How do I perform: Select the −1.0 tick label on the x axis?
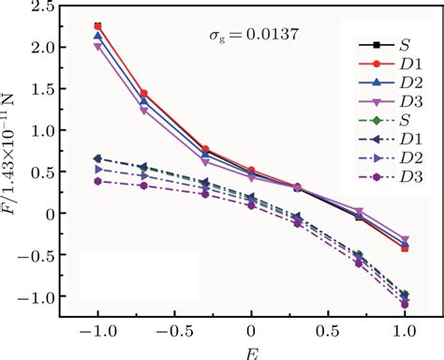[x=94, y=332]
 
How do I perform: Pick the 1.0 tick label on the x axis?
[x=405, y=332]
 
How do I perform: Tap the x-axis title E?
[x=251, y=353]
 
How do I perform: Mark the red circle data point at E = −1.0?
[x=97, y=26]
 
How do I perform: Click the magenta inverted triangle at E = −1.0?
[x=97, y=46]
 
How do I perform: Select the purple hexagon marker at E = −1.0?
[x=97, y=181]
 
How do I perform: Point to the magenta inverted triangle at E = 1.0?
[x=405, y=240]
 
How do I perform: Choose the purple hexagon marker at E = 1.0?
[x=405, y=304]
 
